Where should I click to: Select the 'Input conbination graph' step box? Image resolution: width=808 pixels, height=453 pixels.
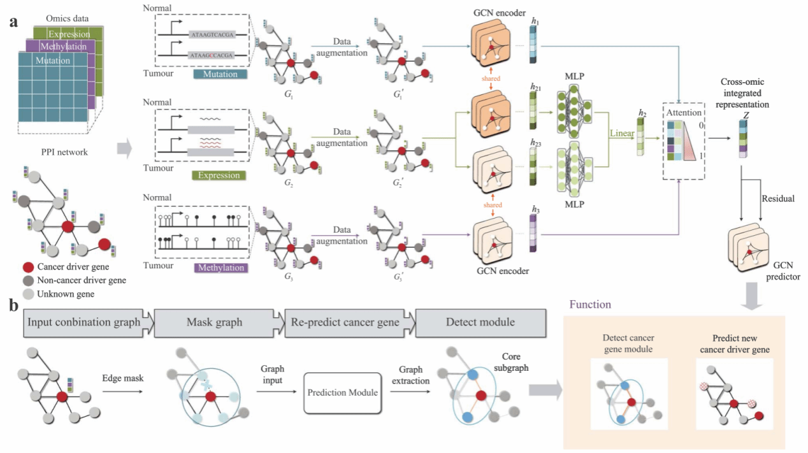coord(84,322)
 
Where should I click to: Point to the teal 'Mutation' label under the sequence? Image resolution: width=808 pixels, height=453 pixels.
coord(220,74)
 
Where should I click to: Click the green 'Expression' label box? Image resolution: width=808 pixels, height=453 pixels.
coord(219,175)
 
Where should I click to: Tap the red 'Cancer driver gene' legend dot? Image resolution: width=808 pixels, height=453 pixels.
coord(28,266)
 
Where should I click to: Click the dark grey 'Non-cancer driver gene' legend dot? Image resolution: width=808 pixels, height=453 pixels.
coord(28,280)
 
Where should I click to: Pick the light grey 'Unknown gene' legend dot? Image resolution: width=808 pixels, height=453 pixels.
coord(28,293)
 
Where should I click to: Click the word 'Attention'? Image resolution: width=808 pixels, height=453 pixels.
coord(684,112)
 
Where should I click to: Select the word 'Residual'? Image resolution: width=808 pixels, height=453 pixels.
coord(778,199)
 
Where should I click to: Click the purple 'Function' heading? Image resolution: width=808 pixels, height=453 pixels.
coord(590,305)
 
